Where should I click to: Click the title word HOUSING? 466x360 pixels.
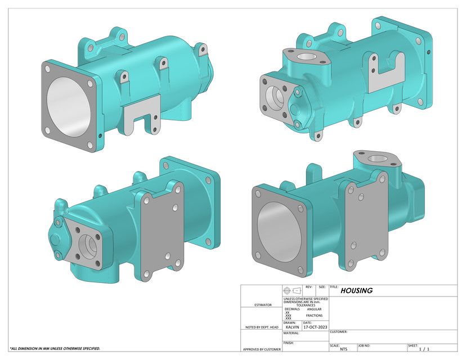(x=356, y=291)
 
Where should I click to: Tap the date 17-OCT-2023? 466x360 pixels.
(x=314, y=326)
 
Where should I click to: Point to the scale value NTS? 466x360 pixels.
(x=344, y=349)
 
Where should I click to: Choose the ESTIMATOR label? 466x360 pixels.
(x=262, y=305)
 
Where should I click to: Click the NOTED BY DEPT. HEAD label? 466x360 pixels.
(x=262, y=327)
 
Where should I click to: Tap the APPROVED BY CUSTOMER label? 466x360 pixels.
(x=262, y=349)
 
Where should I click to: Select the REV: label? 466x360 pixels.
(x=308, y=287)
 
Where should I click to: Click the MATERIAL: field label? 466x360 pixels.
(x=291, y=333)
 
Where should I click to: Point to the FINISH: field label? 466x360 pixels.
(x=289, y=343)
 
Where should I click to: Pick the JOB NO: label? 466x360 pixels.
(x=365, y=345)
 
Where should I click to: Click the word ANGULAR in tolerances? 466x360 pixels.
(x=315, y=309)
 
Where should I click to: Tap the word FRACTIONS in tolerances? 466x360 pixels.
(x=314, y=316)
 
